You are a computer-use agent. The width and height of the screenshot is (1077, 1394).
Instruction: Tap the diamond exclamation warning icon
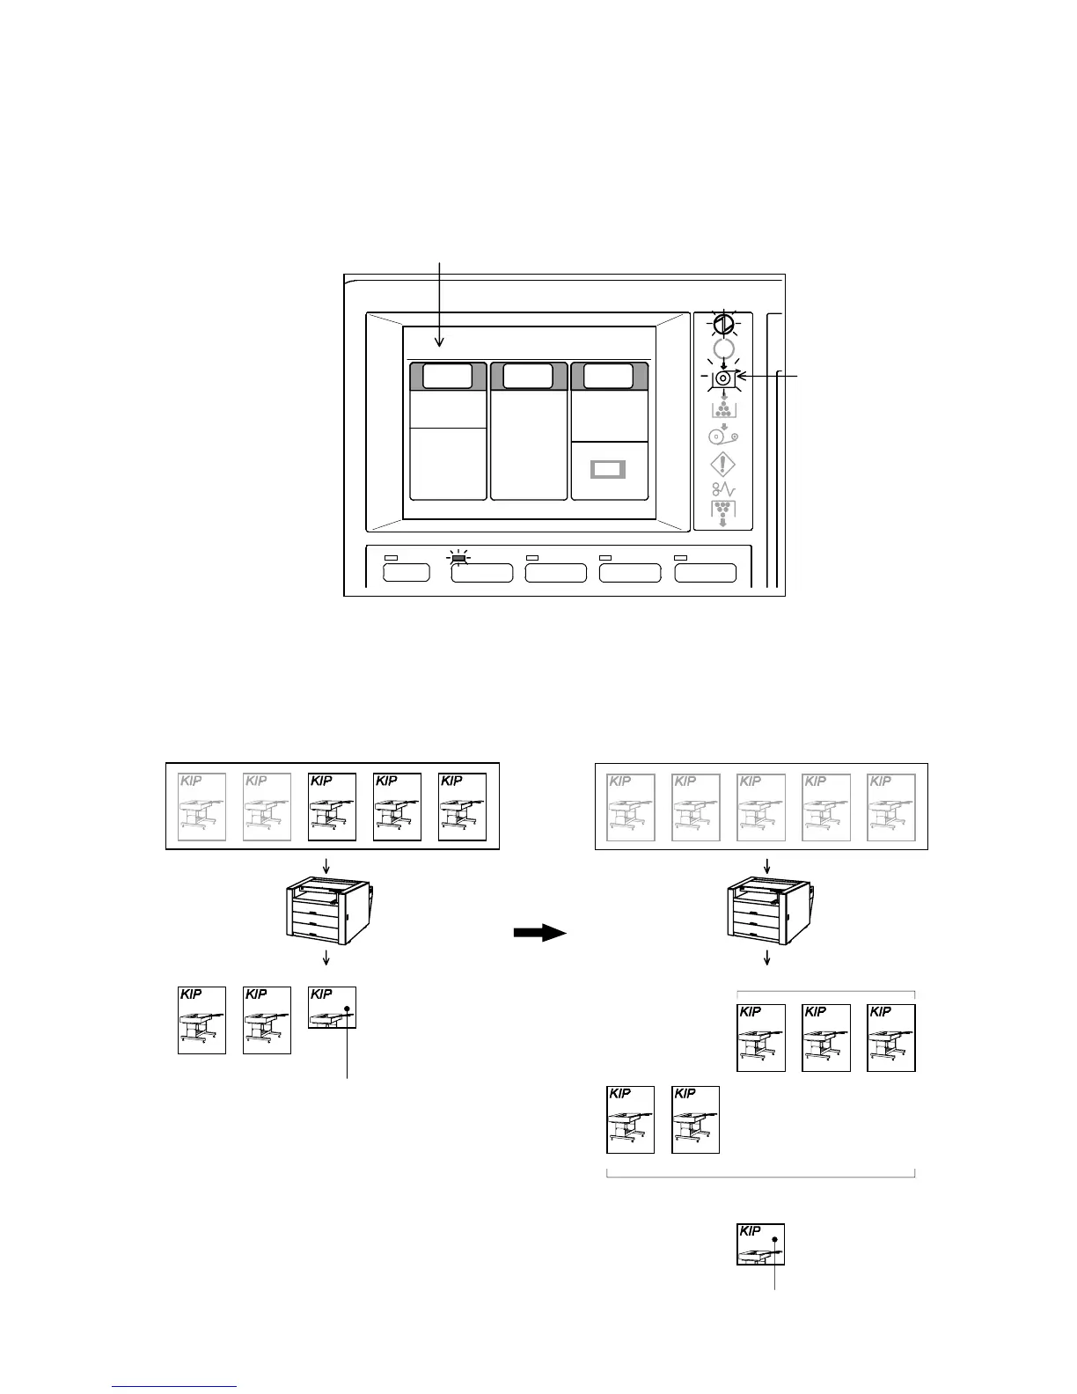[722, 465]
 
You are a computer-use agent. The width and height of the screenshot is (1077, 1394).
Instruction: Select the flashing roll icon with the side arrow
[722, 378]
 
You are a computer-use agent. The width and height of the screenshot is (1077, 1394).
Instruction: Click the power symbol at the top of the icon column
[722, 325]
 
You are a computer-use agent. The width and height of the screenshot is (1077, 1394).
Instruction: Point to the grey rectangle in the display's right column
[607, 469]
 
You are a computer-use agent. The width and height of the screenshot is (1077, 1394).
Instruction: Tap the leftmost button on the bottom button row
[407, 573]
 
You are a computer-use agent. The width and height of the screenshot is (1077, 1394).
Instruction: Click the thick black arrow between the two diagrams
[539, 933]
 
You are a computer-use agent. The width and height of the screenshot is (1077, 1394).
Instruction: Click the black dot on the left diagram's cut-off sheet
[348, 1009]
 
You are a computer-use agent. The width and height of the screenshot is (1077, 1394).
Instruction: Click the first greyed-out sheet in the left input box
[201, 806]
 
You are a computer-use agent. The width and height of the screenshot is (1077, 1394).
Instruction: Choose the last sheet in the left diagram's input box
[463, 806]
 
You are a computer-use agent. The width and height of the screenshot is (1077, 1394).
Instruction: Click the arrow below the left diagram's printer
[326, 957]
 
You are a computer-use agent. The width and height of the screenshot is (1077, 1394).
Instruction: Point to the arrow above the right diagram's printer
[767, 866]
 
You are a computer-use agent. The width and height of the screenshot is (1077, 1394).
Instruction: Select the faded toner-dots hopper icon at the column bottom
[722, 512]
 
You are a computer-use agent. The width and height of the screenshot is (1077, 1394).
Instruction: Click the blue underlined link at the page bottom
[175, 1386]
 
